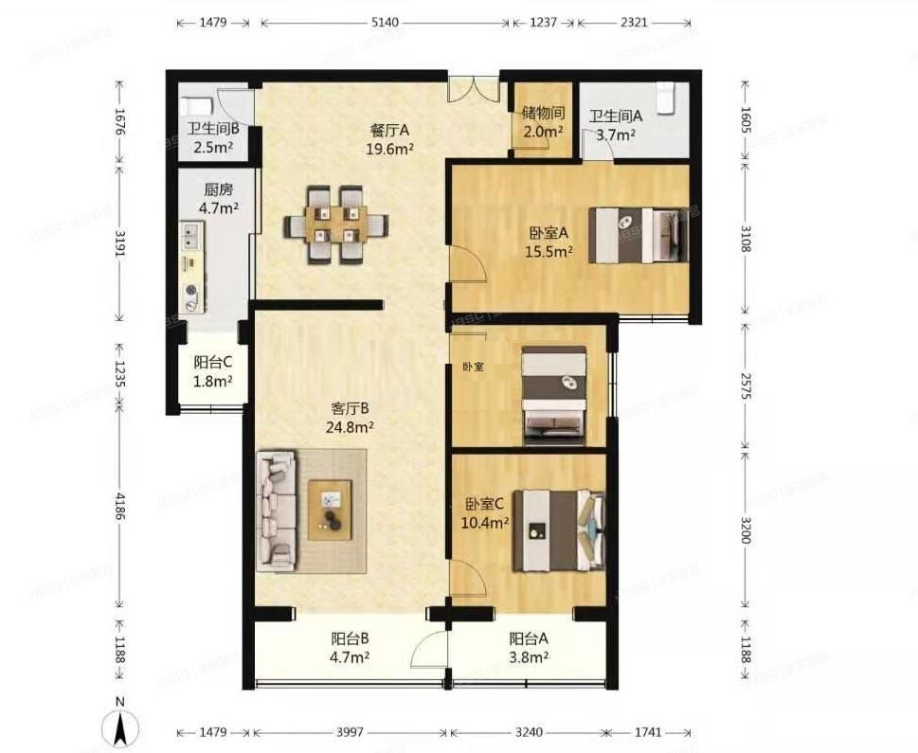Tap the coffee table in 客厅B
pos(331,510)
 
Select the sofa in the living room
pos(276,510)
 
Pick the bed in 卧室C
pos(559,530)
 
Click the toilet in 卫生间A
pos(666,98)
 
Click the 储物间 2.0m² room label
pos(543,122)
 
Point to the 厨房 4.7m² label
pos(219,199)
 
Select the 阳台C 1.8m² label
pos(213,372)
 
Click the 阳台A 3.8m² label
pos(529,648)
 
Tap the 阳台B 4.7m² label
pos(350,648)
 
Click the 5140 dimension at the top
pos(386,23)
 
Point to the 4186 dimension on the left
pos(120,506)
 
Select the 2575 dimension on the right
pos(745,385)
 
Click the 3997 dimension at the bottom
pos(351,732)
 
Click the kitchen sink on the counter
pos(191,236)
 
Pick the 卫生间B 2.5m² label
pos(213,138)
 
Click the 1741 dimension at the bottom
pos(648,732)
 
